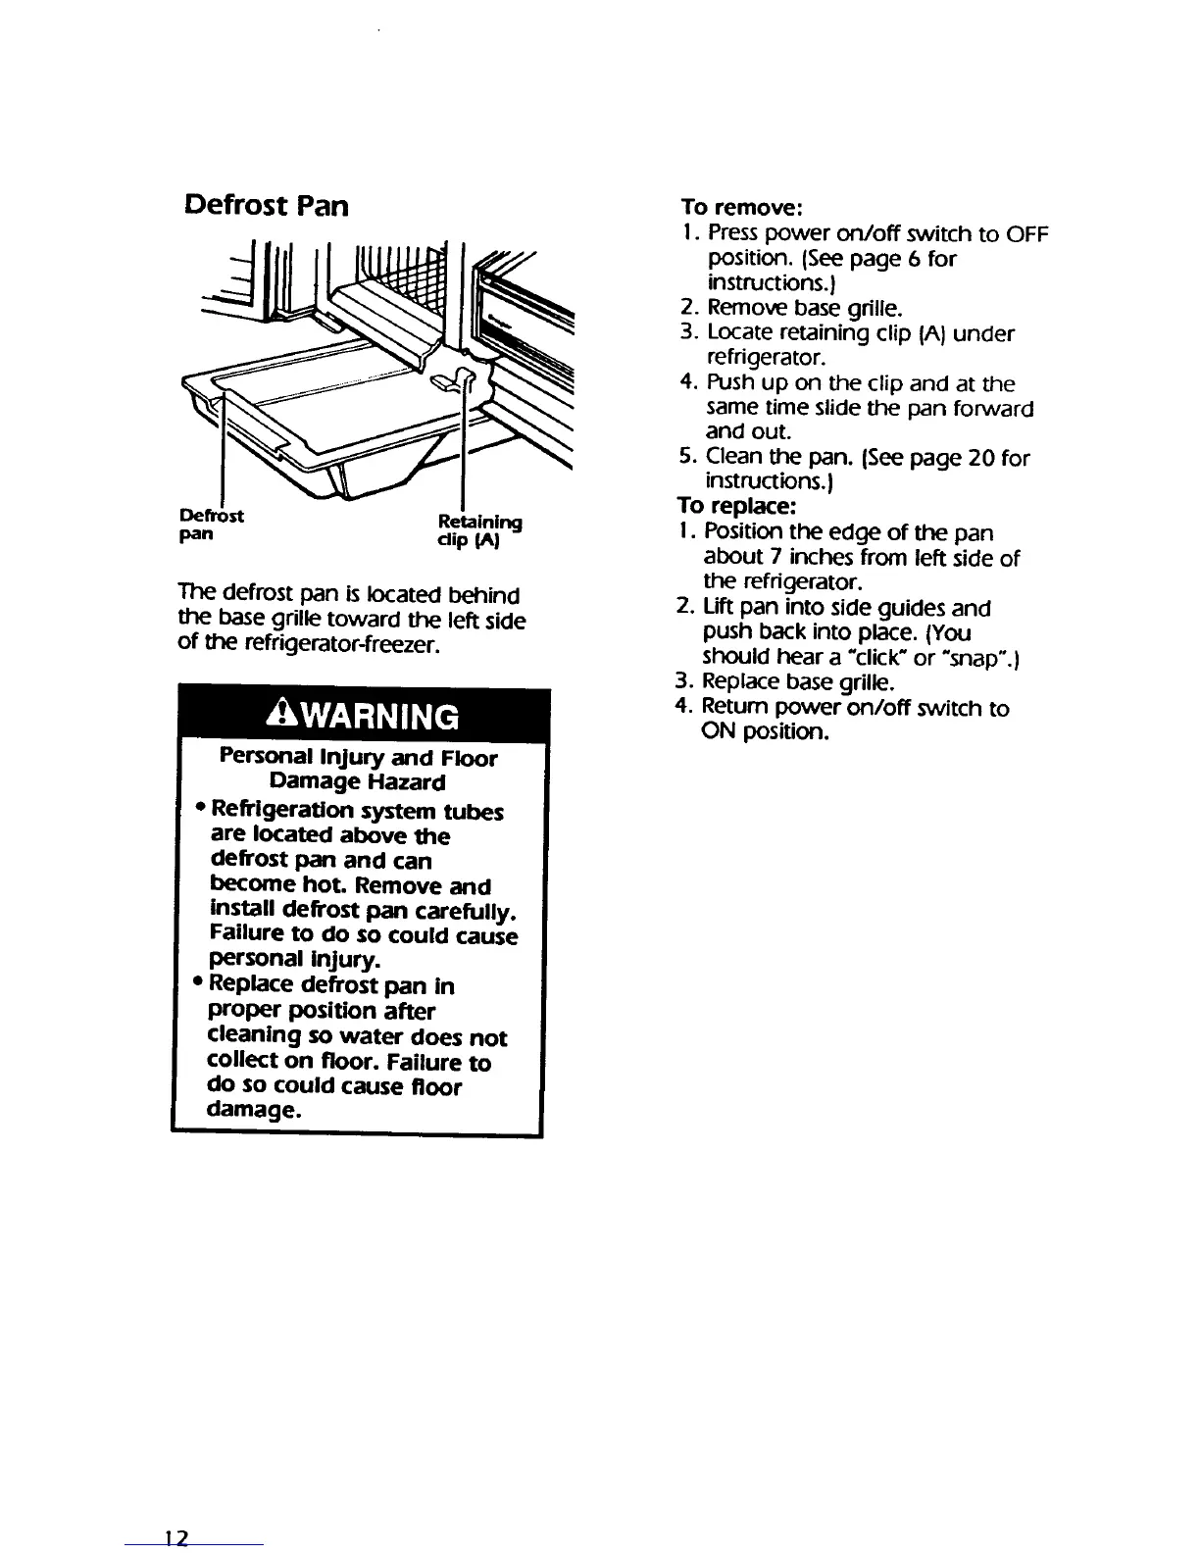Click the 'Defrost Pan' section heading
[x=266, y=207]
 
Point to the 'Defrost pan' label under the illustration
[x=213, y=526]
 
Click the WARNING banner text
[x=357, y=717]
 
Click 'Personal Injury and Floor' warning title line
[x=358, y=758]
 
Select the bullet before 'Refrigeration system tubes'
[x=200, y=809]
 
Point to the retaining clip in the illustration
[x=460, y=376]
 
